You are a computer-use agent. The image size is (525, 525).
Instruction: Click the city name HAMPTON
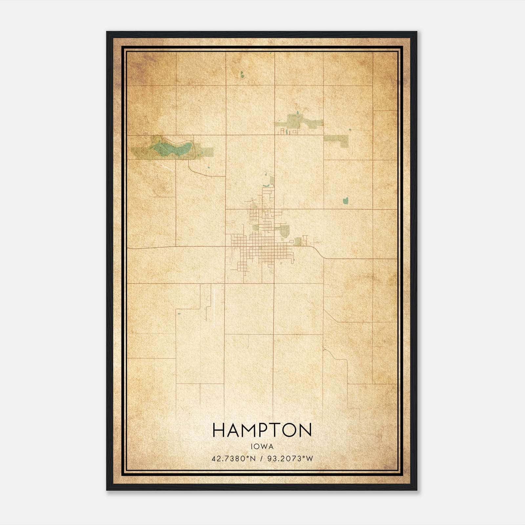262,430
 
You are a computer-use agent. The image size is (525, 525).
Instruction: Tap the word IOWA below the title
262,447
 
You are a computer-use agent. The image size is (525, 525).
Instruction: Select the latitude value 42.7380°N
233,459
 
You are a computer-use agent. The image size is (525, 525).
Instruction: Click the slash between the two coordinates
262,459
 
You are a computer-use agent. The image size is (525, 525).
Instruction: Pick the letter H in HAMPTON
219,430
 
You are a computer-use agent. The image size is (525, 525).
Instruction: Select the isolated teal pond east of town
345,200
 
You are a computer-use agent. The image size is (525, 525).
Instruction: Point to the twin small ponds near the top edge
242,75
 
